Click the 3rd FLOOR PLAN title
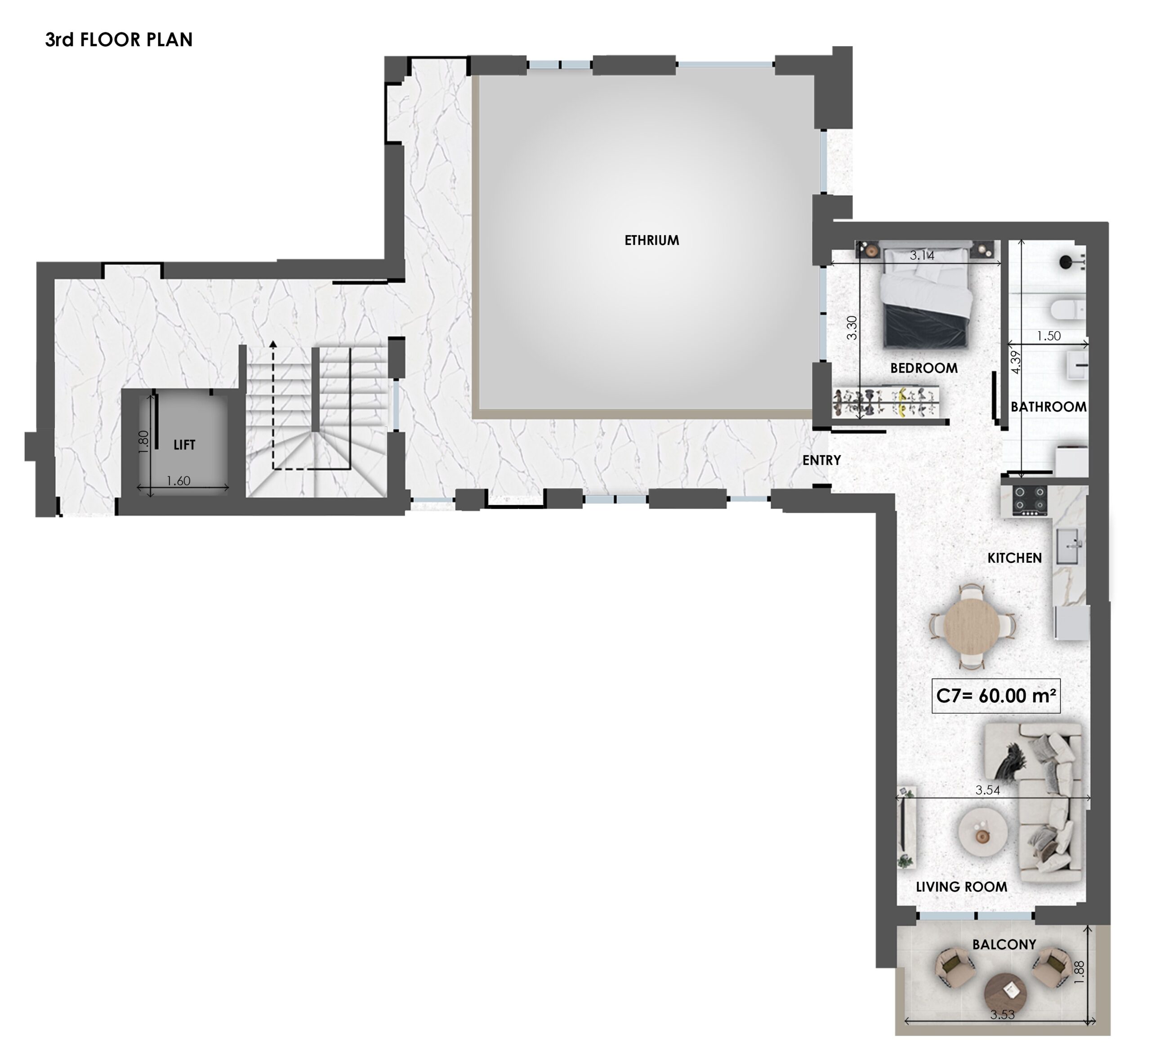(x=119, y=40)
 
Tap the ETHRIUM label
(x=651, y=240)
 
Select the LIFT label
(x=184, y=444)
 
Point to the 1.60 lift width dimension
(x=178, y=480)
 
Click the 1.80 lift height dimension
(x=143, y=442)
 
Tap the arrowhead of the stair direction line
(x=273, y=344)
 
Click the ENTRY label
(x=821, y=460)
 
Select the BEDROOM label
(x=924, y=368)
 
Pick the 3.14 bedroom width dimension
(x=922, y=255)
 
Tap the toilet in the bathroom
(x=1063, y=309)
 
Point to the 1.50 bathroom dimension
(x=1049, y=336)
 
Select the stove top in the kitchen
(x=1030, y=500)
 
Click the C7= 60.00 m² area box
(x=996, y=696)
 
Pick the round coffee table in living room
(x=982, y=833)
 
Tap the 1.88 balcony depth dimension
(x=1079, y=973)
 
